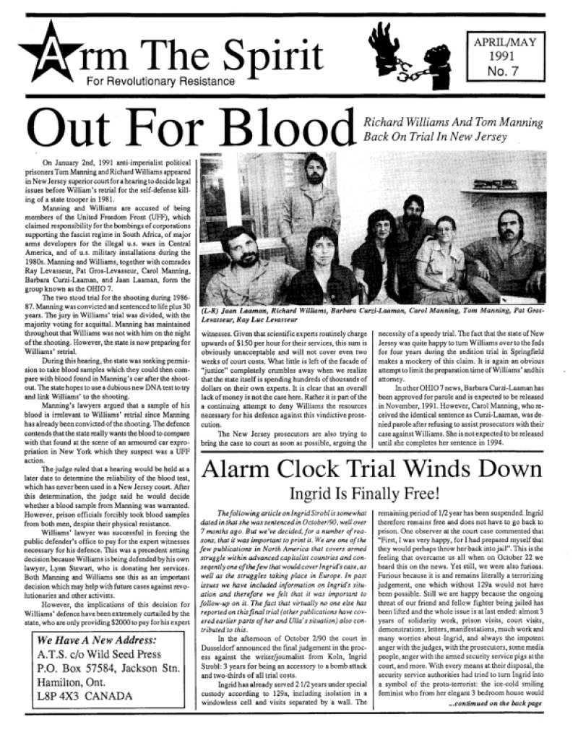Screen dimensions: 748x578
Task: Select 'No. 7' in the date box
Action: tap(506, 70)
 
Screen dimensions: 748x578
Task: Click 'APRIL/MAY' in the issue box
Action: tap(506, 41)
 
